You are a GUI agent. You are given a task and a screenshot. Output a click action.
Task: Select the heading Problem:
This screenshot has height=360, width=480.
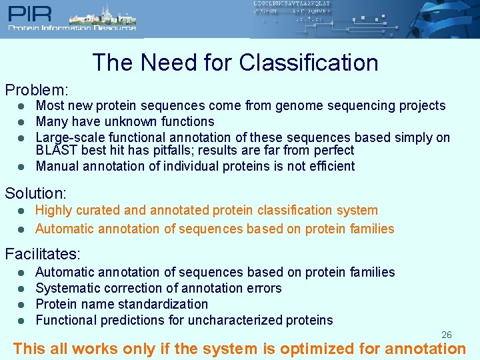(x=37, y=89)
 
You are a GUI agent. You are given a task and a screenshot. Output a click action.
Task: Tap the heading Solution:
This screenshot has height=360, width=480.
(x=36, y=194)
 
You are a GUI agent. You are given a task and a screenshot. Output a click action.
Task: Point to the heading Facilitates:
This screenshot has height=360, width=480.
(x=43, y=254)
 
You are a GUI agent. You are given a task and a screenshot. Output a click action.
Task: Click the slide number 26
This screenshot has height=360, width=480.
(x=447, y=335)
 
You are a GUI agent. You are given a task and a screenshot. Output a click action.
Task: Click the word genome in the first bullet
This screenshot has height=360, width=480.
(x=293, y=105)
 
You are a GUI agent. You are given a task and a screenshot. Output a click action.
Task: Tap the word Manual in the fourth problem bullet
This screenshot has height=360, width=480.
(x=56, y=166)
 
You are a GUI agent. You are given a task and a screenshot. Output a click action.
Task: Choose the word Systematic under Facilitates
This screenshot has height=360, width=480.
(x=67, y=288)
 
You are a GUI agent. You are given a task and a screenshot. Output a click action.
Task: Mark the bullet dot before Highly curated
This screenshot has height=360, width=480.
(x=21, y=211)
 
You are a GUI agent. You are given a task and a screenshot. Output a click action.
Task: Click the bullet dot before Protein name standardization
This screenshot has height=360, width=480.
(x=21, y=304)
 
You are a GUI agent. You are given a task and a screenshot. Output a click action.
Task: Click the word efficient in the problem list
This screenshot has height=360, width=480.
(x=330, y=166)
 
